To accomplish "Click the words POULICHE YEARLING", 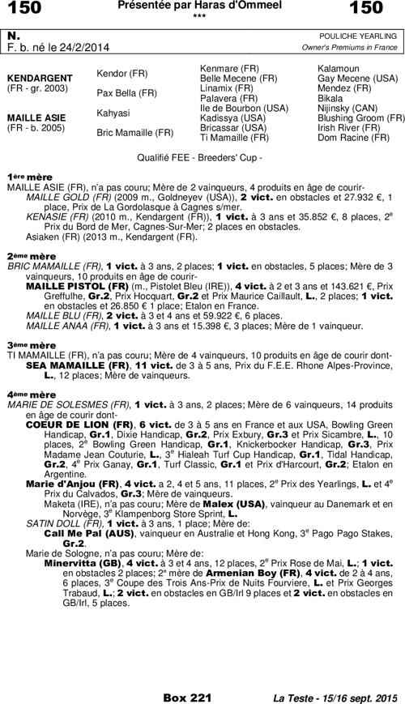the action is pos(358,36).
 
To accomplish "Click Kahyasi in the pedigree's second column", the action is pos(113,113).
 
